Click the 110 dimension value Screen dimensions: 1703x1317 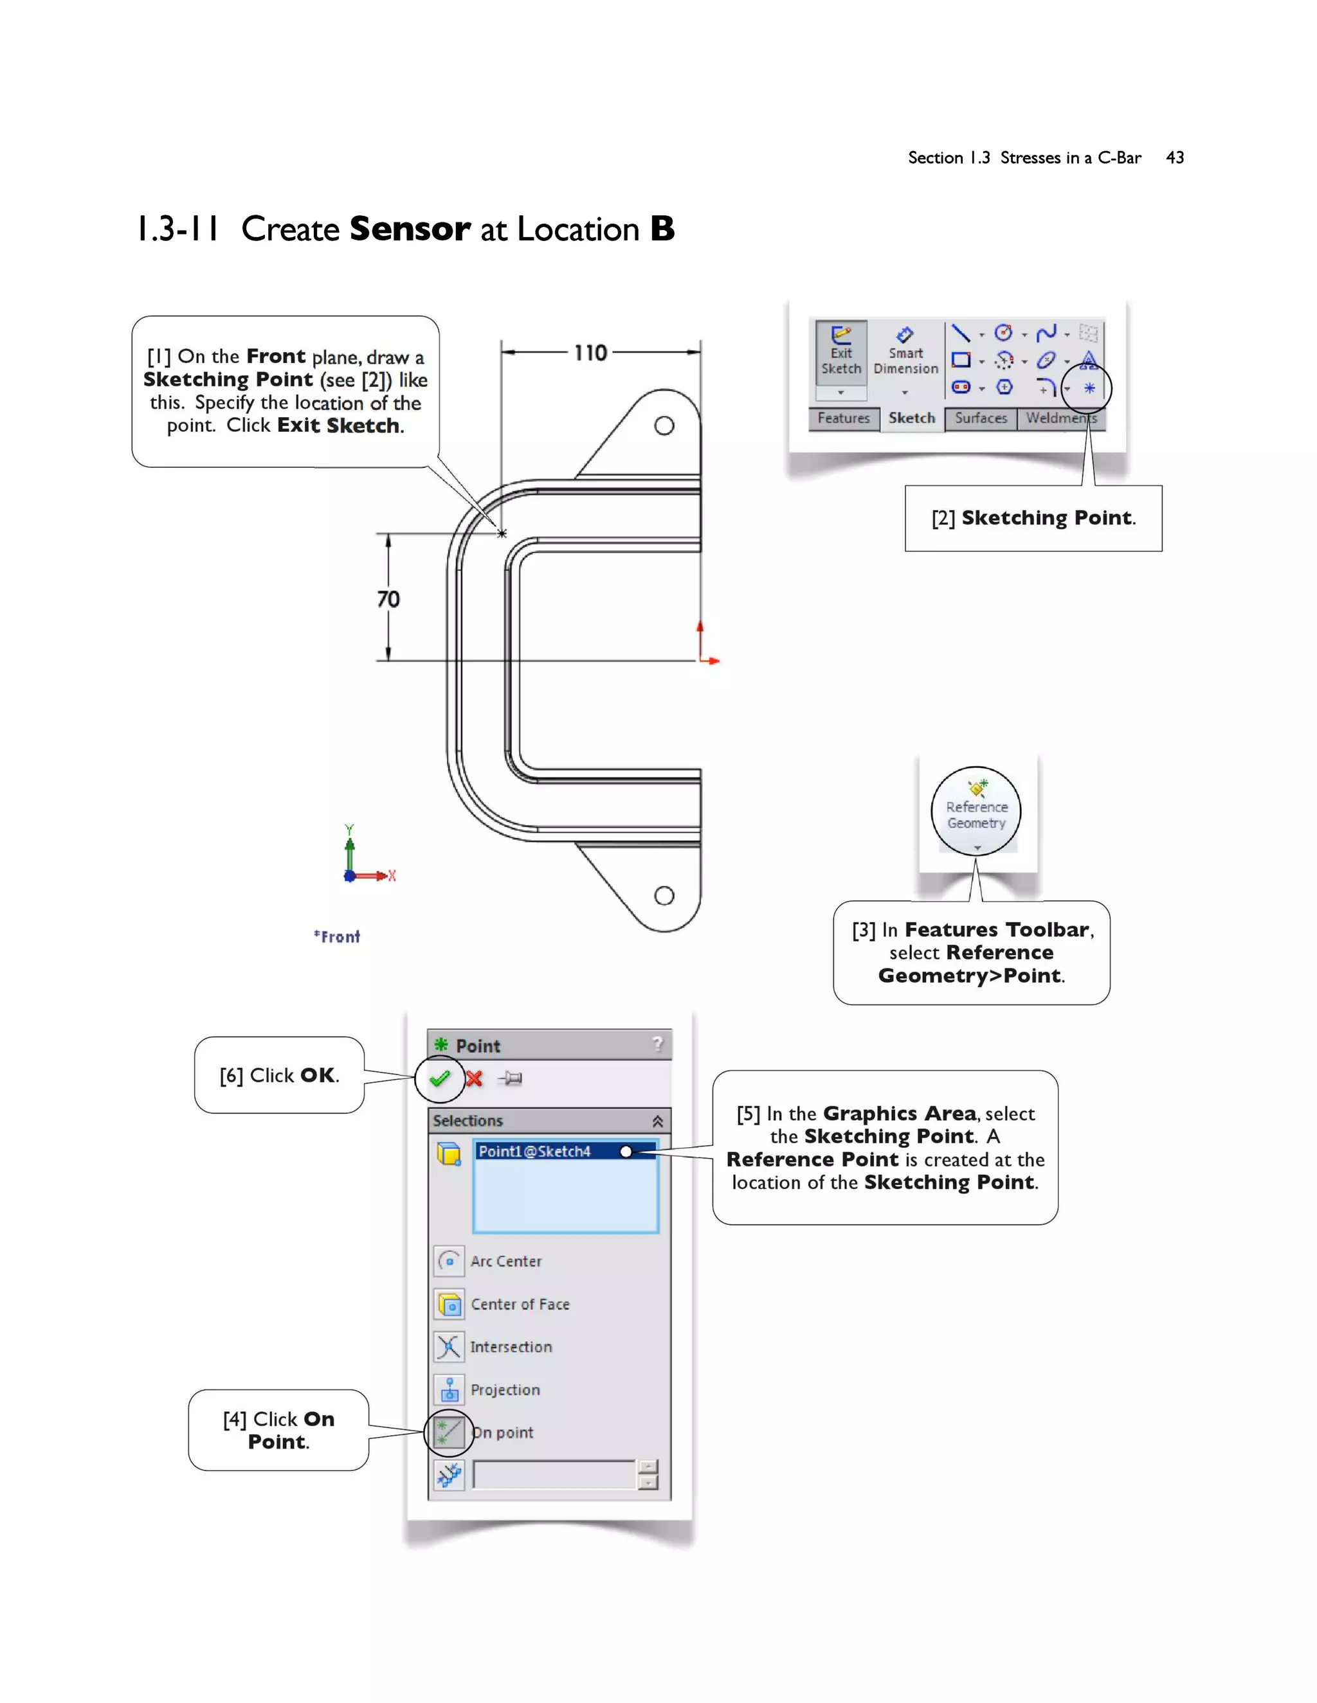(x=590, y=353)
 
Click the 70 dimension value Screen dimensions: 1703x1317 (x=388, y=599)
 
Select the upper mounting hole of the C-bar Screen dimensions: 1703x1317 (x=664, y=425)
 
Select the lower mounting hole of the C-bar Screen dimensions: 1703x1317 (x=664, y=895)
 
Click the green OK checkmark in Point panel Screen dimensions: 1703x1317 (x=440, y=1078)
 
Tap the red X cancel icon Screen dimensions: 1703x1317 (x=473, y=1078)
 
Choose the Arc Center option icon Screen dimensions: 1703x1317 (x=450, y=1261)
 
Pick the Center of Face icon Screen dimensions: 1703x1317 (x=450, y=1304)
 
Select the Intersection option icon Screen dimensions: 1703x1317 (x=450, y=1346)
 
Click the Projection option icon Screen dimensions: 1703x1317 (x=450, y=1389)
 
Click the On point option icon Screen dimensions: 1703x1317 (x=450, y=1432)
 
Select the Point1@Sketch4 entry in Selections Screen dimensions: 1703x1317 (x=535, y=1151)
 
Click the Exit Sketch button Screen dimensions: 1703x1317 (x=841, y=351)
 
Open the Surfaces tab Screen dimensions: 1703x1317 (x=981, y=418)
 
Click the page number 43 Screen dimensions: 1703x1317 (x=1174, y=157)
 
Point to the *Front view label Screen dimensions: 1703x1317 (x=337, y=936)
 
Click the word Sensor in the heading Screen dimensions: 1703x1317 (x=410, y=229)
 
